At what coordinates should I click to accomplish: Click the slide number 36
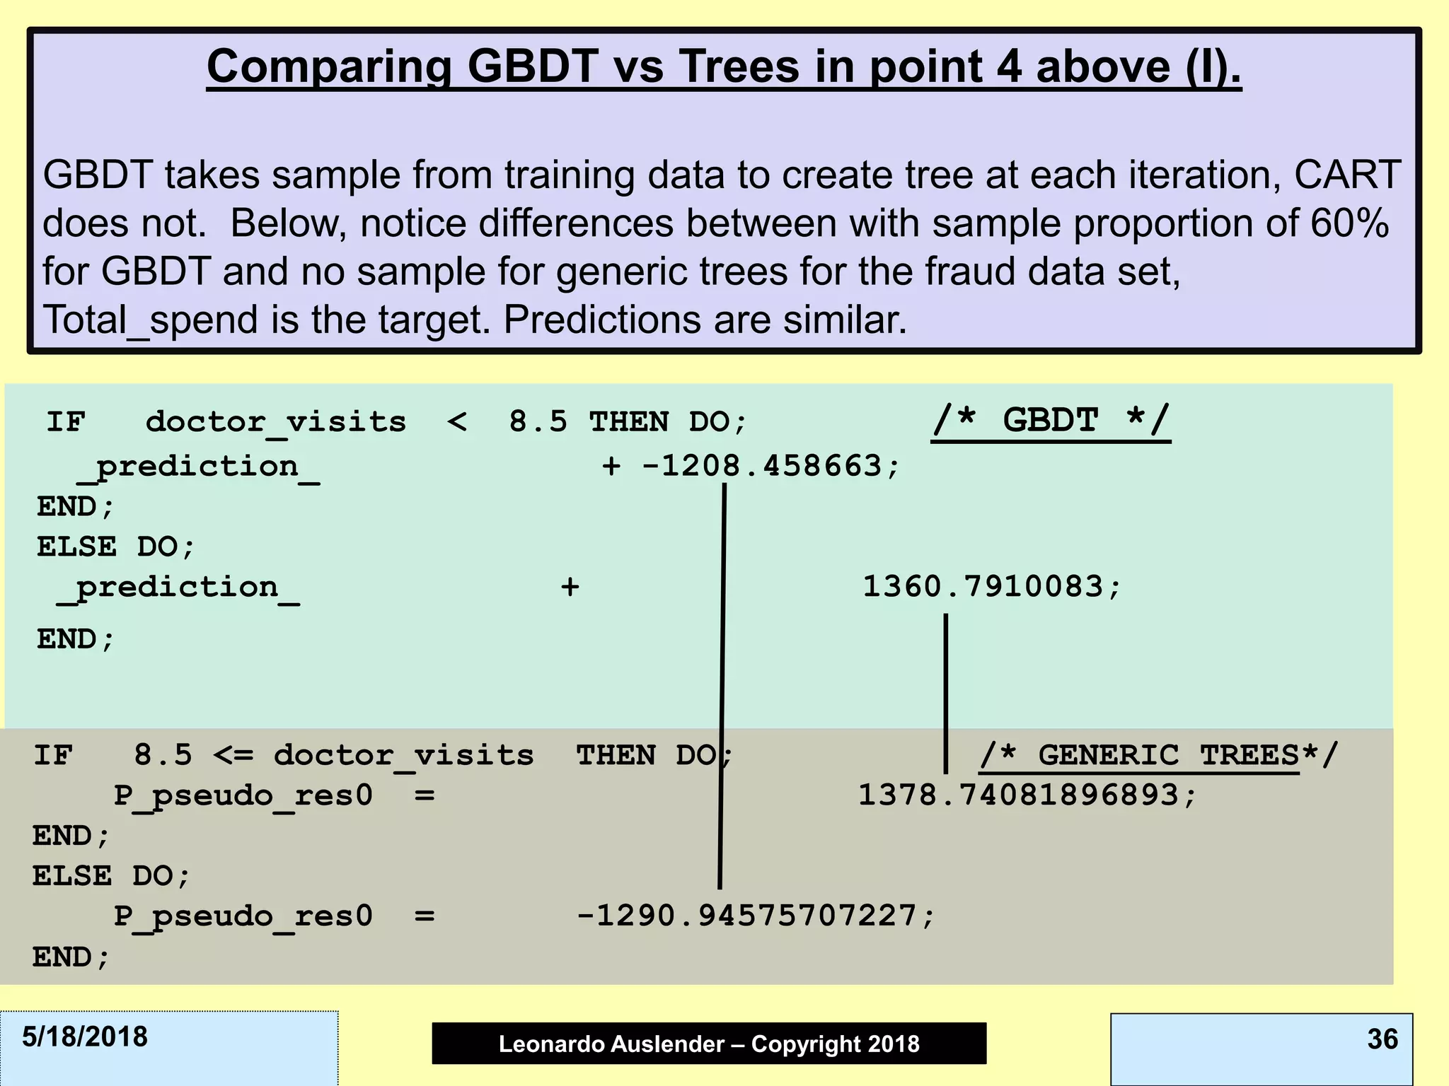[1382, 1039]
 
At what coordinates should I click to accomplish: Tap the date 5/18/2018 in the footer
[85, 1037]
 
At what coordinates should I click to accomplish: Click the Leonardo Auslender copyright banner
[709, 1044]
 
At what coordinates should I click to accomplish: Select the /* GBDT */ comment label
[1051, 421]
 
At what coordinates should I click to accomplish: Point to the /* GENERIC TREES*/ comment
[1159, 755]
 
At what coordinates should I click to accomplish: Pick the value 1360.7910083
[982, 587]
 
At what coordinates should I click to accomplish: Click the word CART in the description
[1346, 175]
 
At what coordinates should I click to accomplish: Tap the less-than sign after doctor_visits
[457, 422]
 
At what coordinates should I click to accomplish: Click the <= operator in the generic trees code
[233, 755]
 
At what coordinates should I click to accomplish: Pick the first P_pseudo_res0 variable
[243, 795]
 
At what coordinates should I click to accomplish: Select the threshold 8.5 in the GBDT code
[538, 422]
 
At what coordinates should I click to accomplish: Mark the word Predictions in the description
[601, 320]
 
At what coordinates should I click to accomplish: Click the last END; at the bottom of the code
[71, 957]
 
